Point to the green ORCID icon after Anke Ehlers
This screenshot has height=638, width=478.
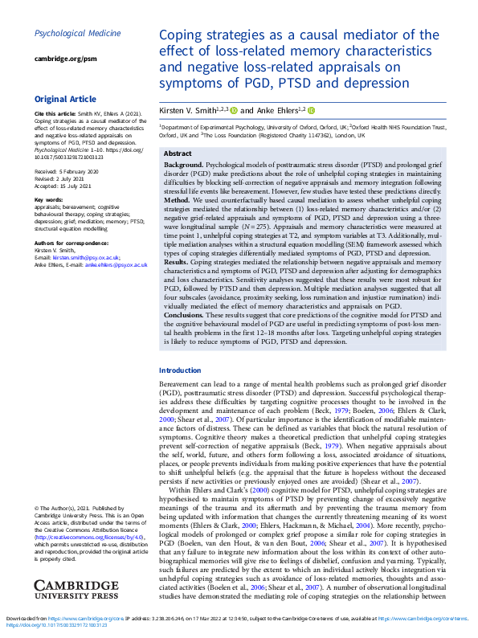point(311,110)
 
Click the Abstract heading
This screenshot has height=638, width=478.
point(178,153)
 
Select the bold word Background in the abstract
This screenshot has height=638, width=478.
point(184,164)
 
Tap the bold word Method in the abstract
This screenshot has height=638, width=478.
point(178,201)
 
